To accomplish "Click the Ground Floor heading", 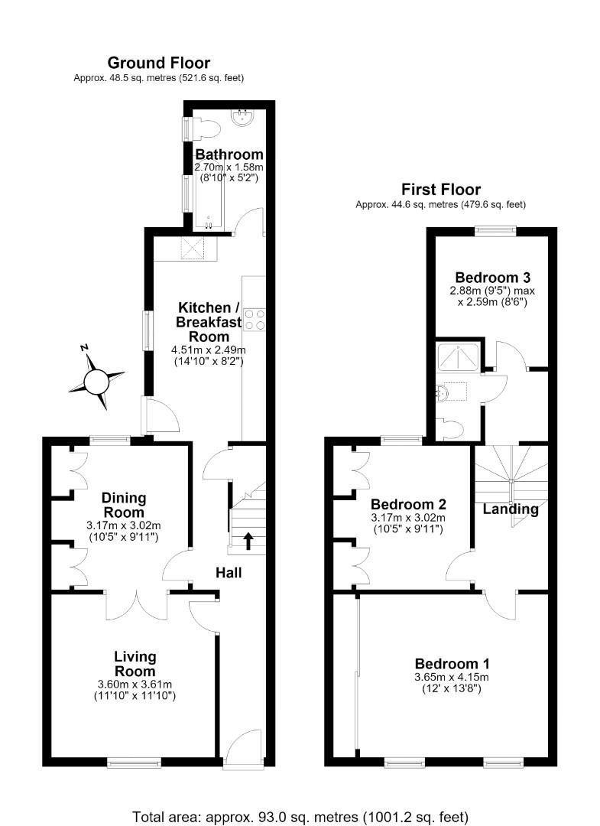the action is tap(158, 63).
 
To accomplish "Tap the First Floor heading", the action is tap(441, 189).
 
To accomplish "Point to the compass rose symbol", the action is tap(96, 377).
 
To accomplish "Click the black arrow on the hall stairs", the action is tap(248, 541).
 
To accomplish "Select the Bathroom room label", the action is tap(229, 154).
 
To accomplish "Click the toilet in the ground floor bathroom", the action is tap(206, 128).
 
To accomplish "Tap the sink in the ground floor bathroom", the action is tap(244, 117).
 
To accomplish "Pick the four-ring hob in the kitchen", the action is tap(255, 319).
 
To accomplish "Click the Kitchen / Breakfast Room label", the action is tap(209, 322).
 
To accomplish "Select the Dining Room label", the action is tap(124, 505).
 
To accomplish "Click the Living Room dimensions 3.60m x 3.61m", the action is tap(135, 685).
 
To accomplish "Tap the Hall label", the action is tap(229, 572).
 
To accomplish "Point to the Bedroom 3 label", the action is tap(493, 277).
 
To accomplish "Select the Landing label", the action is tap(511, 509).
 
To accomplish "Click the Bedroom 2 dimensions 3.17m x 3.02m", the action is tap(408, 518).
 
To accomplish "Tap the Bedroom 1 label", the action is tap(452, 664).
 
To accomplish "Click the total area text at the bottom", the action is tap(300, 817).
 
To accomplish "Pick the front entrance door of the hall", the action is tap(242, 748).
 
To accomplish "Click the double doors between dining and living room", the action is tap(137, 605).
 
